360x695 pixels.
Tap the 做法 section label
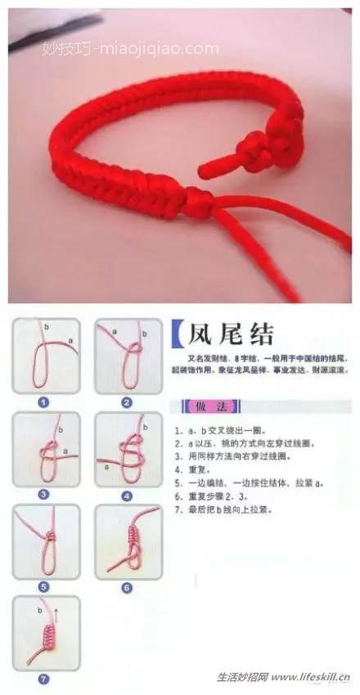pyautogui.click(x=200, y=406)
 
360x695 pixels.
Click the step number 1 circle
pyautogui.click(x=44, y=401)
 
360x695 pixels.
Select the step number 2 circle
pyautogui.click(x=127, y=401)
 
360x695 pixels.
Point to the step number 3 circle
pyautogui.click(x=44, y=494)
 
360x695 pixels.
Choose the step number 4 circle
pyautogui.click(x=127, y=495)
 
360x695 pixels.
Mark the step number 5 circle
pyautogui.click(x=44, y=586)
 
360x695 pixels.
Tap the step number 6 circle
pyautogui.click(x=127, y=586)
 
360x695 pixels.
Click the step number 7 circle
pyautogui.click(x=44, y=678)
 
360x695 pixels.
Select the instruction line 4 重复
pyautogui.click(x=190, y=470)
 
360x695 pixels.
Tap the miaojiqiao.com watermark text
pyautogui.click(x=131, y=48)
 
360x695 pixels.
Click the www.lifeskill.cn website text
pyautogui.click(x=312, y=677)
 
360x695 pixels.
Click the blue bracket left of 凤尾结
pyautogui.click(x=176, y=334)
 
